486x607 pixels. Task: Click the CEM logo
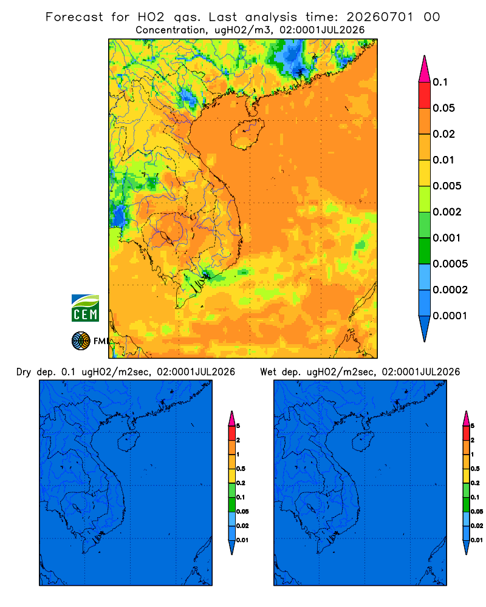(85, 308)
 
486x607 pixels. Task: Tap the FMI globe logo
(81, 341)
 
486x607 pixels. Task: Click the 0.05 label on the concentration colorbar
(443, 108)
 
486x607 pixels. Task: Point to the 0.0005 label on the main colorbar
(450, 264)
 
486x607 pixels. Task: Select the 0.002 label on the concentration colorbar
(447, 212)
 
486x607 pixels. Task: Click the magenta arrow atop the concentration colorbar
(425, 69)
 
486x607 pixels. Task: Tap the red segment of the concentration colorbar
(425, 95)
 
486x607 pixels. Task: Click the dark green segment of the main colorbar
(425, 251)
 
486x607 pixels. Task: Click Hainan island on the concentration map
(247, 134)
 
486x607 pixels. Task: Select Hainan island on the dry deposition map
(128, 441)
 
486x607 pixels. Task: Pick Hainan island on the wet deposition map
(363, 441)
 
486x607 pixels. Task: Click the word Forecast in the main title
(74, 17)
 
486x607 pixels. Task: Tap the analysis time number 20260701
(380, 17)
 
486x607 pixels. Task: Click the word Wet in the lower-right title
(268, 372)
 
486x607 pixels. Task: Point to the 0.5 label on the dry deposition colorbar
(241, 469)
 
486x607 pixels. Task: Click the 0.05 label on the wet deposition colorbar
(477, 511)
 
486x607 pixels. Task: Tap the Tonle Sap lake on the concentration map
(164, 237)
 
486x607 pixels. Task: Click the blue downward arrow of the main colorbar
(425, 329)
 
